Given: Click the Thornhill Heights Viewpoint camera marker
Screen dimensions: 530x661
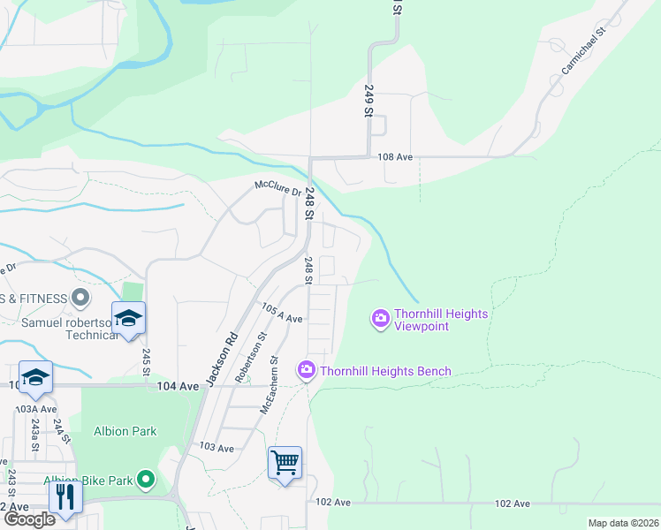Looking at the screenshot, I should pyautogui.click(x=381, y=318).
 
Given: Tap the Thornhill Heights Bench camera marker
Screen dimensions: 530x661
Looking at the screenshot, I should pyautogui.click(x=307, y=369).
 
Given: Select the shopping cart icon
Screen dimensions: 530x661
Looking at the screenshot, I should pyautogui.click(x=285, y=462).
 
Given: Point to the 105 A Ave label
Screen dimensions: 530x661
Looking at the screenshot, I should pyautogui.click(x=282, y=312).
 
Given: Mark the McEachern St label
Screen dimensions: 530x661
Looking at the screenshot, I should pyautogui.click(x=269, y=385).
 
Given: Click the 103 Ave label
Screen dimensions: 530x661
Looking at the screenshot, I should pyautogui.click(x=217, y=449).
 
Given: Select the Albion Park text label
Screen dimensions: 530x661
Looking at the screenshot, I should pyautogui.click(x=125, y=431).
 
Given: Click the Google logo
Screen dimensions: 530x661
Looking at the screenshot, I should pyautogui.click(x=29, y=519).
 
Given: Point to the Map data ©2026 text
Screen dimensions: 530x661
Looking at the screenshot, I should pyautogui.click(x=622, y=523).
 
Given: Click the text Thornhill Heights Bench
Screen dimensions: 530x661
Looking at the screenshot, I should pyautogui.click(x=385, y=371).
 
